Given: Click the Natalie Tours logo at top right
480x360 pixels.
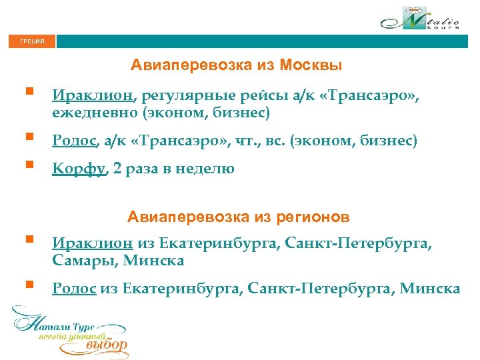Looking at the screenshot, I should click(x=421, y=19).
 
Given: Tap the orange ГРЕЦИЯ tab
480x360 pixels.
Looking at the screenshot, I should click(x=33, y=41).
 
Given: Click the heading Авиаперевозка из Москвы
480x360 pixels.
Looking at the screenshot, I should click(x=237, y=65).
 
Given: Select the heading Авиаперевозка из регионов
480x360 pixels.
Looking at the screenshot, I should click(x=239, y=217).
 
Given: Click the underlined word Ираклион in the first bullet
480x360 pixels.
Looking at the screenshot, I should click(x=93, y=99).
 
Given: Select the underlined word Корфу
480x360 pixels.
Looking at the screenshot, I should click(x=79, y=169).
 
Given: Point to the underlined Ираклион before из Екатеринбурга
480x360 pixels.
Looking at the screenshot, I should click(x=93, y=245).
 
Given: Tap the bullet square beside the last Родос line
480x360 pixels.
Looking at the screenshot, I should click(x=28, y=283).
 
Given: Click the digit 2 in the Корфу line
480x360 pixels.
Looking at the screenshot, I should click(x=117, y=169).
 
